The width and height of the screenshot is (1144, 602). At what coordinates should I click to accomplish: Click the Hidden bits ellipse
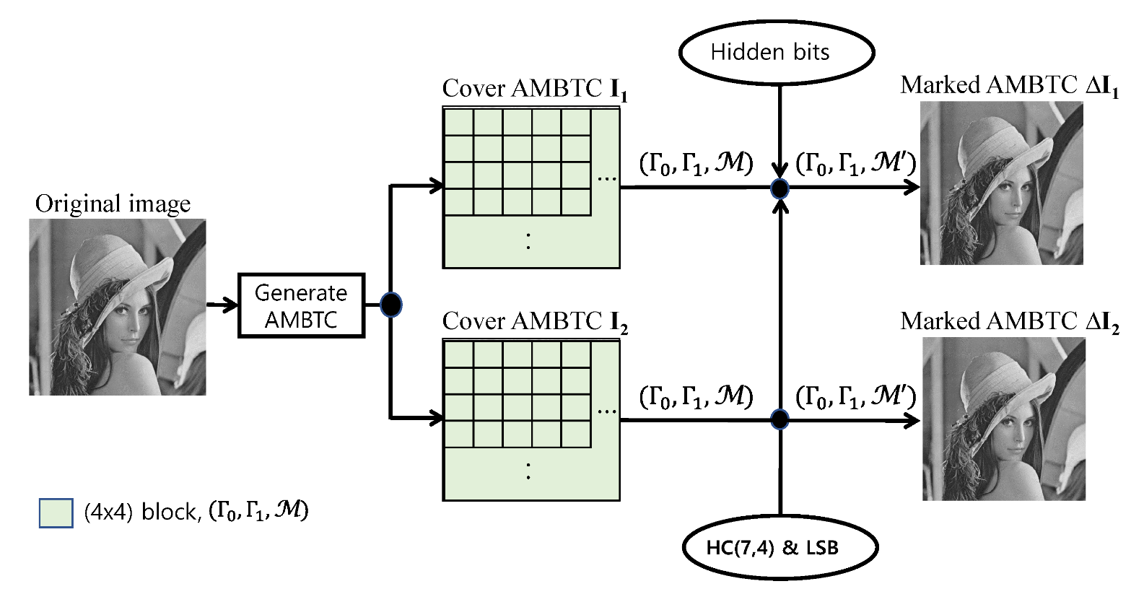pos(776,52)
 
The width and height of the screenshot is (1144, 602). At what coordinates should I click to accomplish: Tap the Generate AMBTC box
pos(301,305)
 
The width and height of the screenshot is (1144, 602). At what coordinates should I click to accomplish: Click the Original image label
pos(113,204)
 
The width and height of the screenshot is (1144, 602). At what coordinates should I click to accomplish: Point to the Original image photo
pos(117,307)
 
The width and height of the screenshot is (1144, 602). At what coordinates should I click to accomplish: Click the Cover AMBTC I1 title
pos(534,90)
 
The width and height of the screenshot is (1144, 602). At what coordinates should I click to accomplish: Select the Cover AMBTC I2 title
pos(534,322)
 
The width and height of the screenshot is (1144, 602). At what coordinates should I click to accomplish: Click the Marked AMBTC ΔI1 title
pos(1009,86)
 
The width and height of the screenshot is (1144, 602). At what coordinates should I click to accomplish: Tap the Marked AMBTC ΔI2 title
pos(1009,322)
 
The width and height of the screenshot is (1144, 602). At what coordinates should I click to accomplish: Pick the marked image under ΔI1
pos(1001,183)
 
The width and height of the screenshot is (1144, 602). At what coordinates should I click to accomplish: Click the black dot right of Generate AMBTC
pos(390,305)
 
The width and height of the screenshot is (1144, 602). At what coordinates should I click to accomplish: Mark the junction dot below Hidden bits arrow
pos(780,188)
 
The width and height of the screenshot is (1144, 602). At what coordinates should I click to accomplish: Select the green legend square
pos(56,512)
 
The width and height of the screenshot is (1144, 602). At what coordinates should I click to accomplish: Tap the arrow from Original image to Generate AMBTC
pos(222,305)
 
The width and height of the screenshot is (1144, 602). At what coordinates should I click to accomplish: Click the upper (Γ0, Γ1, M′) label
pos(855,165)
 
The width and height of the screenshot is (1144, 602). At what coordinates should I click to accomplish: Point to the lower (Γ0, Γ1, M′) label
pos(855,397)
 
